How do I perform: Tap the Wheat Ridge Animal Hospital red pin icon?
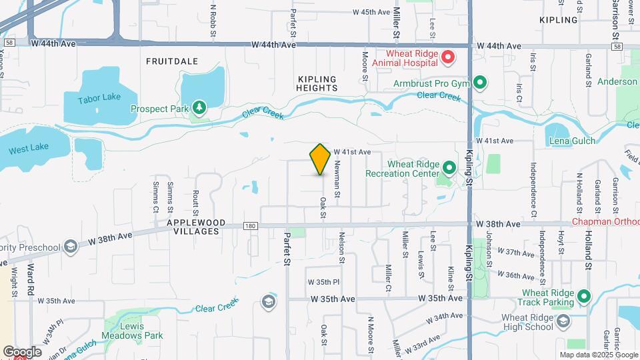pyautogui.click(x=448, y=58)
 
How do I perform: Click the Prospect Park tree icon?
pyautogui.click(x=198, y=108)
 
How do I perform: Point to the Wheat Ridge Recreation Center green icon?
pyautogui.click(x=449, y=168)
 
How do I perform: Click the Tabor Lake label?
pyautogui.click(x=99, y=97)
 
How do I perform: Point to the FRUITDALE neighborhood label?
pyautogui.click(x=172, y=61)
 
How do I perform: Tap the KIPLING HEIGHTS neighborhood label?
pyautogui.click(x=317, y=83)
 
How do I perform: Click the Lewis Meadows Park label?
pyautogui.click(x=133, y=335)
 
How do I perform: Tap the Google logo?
pyautogui.click(x=22, y=351)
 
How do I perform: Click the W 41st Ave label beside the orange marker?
pyautogui.click(x=352, y=152)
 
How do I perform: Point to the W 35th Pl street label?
pyautogui.click(x=324, y=282)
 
